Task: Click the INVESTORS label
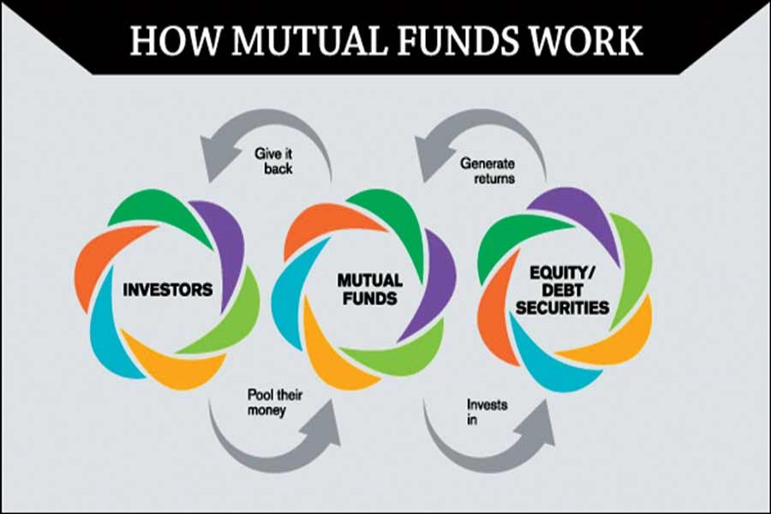[x=168, y=290]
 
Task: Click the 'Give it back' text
[x=273, y=162]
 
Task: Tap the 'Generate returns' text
[x=487, y=169]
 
